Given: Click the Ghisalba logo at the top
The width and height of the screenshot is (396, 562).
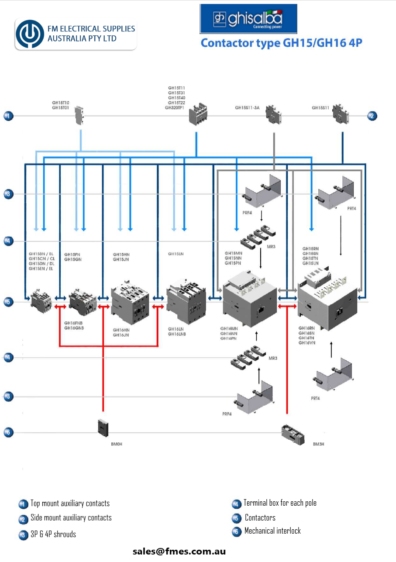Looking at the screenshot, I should (248, 19).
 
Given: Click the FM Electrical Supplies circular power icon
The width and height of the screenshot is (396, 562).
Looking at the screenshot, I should (30, 34).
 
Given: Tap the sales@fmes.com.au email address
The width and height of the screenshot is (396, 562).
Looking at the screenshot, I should (179, 551).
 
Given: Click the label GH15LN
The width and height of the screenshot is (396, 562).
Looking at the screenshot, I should (176, 254).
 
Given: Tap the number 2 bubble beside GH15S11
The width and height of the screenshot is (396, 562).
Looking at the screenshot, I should (372, 116).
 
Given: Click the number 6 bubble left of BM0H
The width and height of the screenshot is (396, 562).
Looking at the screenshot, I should (9, 433).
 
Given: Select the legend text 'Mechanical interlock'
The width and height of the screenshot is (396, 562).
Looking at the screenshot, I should (272, 531).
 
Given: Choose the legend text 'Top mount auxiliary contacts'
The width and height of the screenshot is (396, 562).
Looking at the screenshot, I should (70, 503).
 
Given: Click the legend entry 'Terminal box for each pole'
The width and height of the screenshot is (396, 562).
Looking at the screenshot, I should (280, 503).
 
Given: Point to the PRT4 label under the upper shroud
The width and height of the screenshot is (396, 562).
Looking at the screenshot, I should (351, 209).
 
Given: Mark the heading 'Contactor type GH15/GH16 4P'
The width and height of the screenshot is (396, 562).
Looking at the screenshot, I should (281, 43).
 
